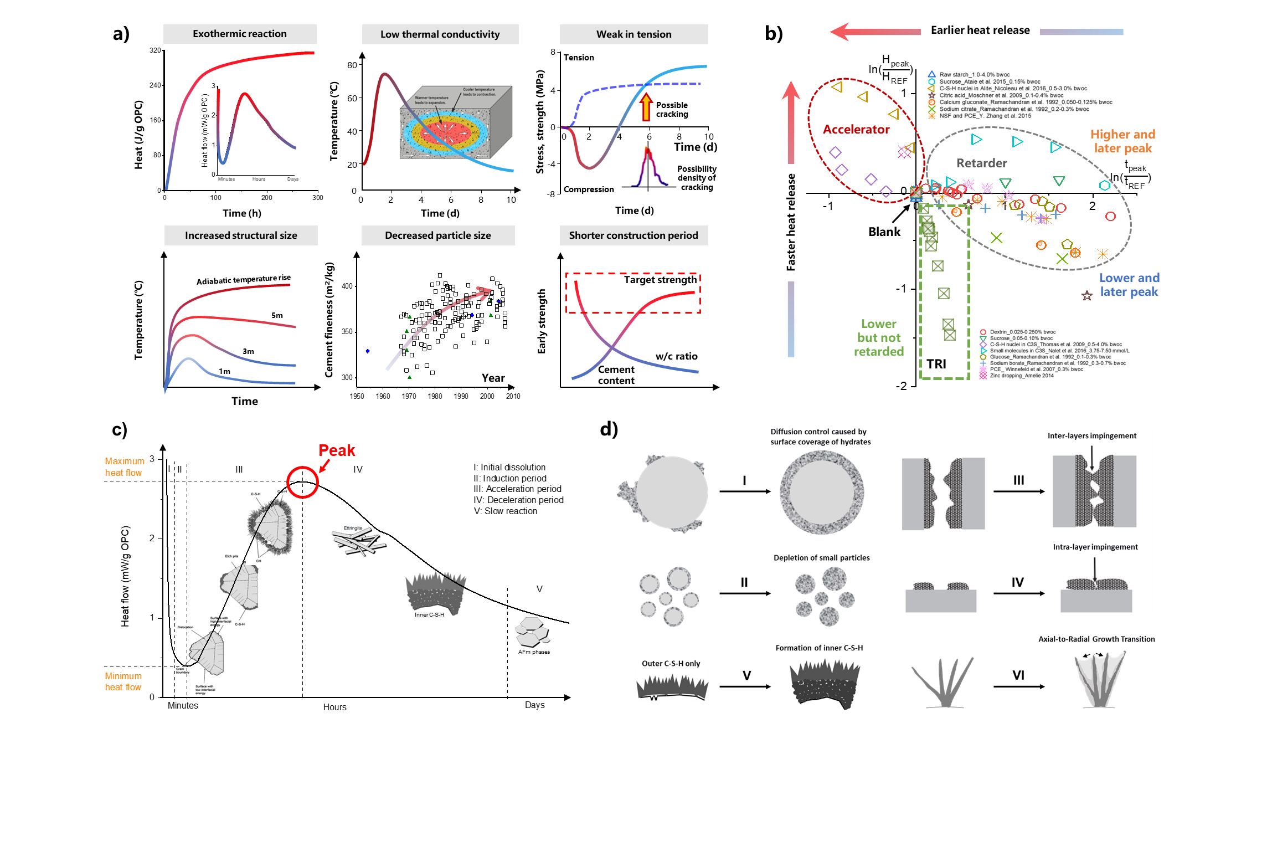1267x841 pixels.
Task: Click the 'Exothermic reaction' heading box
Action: (x=240, y=34)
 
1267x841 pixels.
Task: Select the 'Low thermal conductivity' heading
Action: (x=440, y=34)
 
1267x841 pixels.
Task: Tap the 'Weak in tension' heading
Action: (x=633, y=34)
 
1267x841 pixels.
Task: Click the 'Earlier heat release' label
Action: (x=980, y=30)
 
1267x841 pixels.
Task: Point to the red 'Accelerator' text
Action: (x=856, y=130)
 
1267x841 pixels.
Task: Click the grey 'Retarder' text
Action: (x=981, y=163)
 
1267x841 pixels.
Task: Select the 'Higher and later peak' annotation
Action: (x=1122, y=141)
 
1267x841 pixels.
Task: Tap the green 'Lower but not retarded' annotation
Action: (x=879, y=337)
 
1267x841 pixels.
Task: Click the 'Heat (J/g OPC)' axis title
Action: (x=138, y=135)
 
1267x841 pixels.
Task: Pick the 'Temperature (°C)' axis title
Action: (x=334, y=121)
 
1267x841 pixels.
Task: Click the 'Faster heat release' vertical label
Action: (x=791, y=222)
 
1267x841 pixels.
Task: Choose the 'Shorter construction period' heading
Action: (x=633, y=235)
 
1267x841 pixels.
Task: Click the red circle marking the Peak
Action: (x=302, y=482)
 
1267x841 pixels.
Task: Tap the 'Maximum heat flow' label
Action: (x=125, y=467)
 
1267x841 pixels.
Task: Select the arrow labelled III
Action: (x=1019, y=491)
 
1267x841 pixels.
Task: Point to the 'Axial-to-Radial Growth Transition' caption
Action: (x=1096, y=639)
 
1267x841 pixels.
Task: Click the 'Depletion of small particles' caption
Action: (x=821, y=558)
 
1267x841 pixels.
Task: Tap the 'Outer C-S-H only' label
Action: (x=671, y=664)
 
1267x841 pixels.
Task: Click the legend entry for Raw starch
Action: (x=974, y=74)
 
